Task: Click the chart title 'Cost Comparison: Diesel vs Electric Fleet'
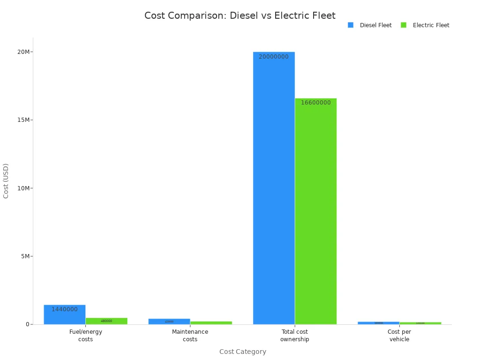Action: coord(240,15)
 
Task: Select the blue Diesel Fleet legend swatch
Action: coord(351,25)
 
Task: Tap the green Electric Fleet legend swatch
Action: coord(404,25)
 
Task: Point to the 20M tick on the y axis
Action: coord(24,52)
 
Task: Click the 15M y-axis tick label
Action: coord(24,120)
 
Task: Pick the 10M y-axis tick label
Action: coord(24,188)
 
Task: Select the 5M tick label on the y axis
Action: coord(25,256)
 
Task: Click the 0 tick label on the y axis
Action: coord(28,324)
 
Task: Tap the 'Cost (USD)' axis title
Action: coord(6,181)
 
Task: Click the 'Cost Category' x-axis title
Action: coord(242,352)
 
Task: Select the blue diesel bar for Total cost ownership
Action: coord(274,197)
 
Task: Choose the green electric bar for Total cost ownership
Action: coord(315,216)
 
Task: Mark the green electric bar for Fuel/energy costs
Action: coord(106,321)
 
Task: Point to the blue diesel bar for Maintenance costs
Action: coord(169,322)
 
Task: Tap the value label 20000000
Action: coord(274,57)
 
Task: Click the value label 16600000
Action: coord(315,103)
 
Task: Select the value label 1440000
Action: coord(65,309)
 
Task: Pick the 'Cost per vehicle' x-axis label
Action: coord(399,335)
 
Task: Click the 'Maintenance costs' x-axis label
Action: coord(190,335)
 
